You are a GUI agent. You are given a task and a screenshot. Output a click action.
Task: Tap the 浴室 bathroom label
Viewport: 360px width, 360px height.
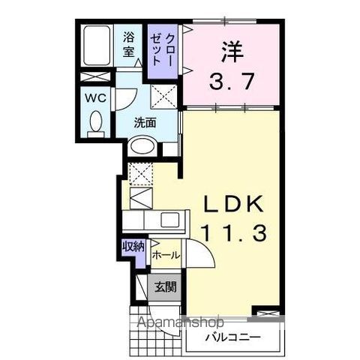[129, 45]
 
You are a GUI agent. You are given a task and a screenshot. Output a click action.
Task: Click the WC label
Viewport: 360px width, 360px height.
[94, 97]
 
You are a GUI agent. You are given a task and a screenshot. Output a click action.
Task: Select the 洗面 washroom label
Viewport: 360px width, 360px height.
[145, 123]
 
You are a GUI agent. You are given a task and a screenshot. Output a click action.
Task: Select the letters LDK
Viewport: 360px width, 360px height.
[232, 205]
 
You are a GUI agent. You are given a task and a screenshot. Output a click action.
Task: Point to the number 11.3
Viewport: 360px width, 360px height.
[232, 234]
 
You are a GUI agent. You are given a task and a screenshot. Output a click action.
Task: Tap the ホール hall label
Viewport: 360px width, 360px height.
[166, 255]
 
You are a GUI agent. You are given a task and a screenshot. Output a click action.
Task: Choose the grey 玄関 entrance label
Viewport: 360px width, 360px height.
[165, 286]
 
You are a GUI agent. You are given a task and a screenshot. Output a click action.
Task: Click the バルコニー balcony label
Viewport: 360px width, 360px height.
[232, 338]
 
